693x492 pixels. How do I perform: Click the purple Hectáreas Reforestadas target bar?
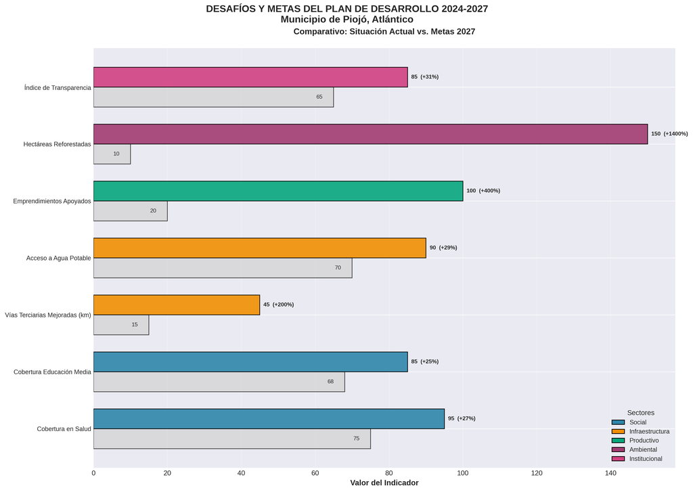click(x=370, y=134)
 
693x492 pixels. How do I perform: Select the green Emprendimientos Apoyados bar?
click(x=278, y=191)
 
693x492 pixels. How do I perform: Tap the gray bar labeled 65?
click(x=213, y=97)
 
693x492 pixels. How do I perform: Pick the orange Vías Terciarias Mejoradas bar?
click(x=177, y=305)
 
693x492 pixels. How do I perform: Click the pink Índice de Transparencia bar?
click(x=250, y=77)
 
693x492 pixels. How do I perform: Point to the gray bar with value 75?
click(x=231, y=439)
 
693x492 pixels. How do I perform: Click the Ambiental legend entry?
click(x=642, y=449)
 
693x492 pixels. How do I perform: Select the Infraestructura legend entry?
click(x=648, y=431)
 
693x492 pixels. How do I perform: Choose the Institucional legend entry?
click(x=645, y=459)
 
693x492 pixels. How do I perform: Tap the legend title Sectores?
click(x=640, y=413)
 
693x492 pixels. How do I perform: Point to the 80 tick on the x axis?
click(x=389, y=473)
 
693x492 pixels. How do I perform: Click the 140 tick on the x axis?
click(x=610, y=473)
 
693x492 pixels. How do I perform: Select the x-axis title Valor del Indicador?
click(x=384, y=483)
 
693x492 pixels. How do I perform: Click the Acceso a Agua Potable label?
click(x=59, y=258)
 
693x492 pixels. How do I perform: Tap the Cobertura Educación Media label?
click(x=52, y=372)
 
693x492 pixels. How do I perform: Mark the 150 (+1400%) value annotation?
click(x=669, y=134)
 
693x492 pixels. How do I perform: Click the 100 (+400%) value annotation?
click(x=483, y=191)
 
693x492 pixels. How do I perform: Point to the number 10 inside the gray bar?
click(x=116, y=154)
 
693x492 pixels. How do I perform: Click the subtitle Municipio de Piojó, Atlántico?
click(x=346, y=20)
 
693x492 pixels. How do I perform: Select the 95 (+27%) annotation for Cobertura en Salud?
click(x=462, y=418)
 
